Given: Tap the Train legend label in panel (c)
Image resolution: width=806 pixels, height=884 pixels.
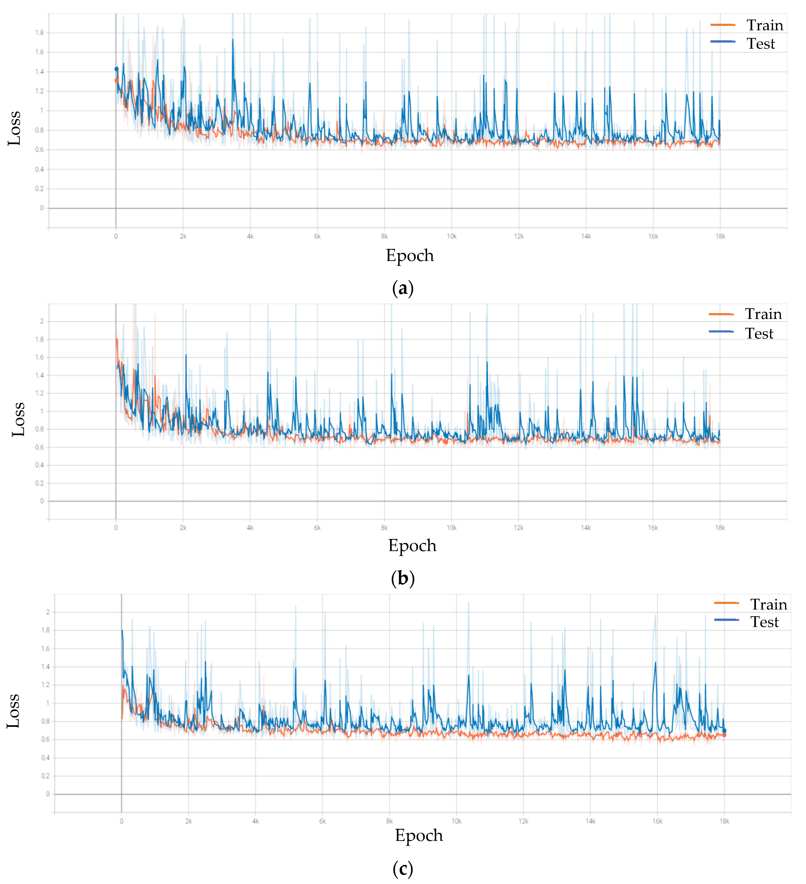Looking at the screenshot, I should coord(768,605).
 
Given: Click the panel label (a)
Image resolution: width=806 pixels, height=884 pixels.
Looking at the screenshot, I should coord(403,288).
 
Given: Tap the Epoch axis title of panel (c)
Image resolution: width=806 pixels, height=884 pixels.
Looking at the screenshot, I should coord(419,835).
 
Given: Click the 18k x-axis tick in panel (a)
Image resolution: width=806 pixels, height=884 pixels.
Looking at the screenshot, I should coord(720,236).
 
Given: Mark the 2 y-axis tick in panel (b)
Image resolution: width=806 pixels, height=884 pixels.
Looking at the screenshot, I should coord(42,322).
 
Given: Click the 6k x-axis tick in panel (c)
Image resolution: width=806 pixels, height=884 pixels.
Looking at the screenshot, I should coord(322,821).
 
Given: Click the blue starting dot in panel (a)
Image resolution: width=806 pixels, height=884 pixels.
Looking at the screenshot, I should coord(116,69).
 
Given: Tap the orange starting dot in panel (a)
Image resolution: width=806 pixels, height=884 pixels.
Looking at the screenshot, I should coord(116,80).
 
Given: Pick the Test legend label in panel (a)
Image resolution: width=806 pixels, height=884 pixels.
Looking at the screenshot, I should coord(760,44).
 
